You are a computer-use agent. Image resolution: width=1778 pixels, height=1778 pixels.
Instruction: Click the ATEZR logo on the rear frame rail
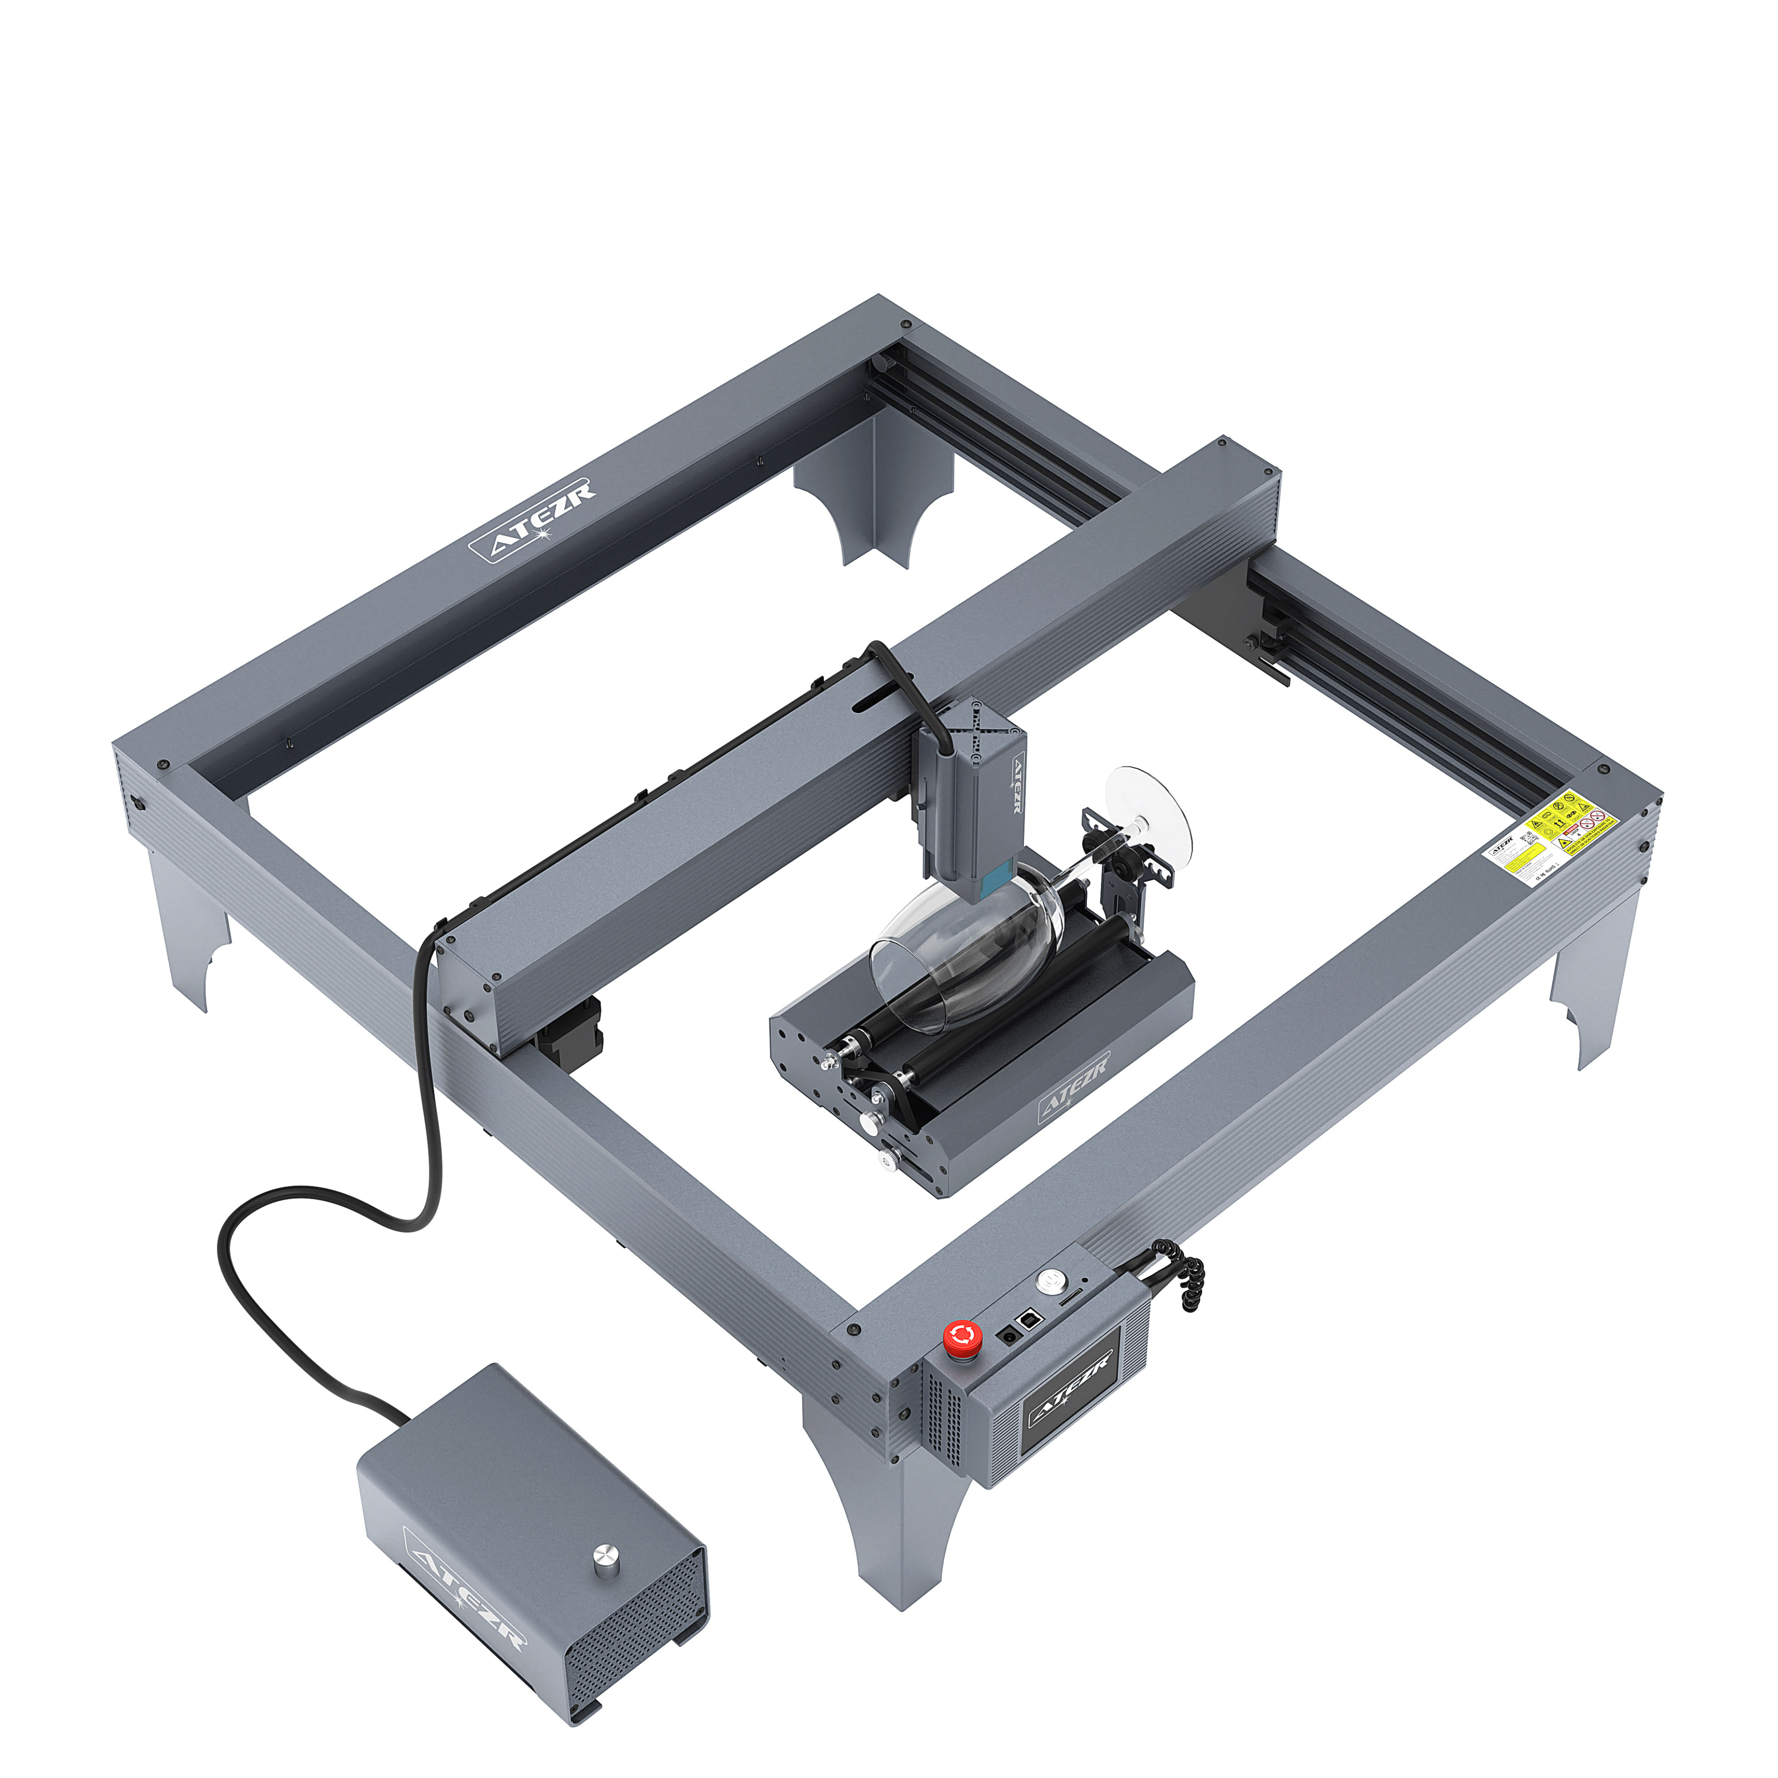pyautogui.click(x=532, y=521)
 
